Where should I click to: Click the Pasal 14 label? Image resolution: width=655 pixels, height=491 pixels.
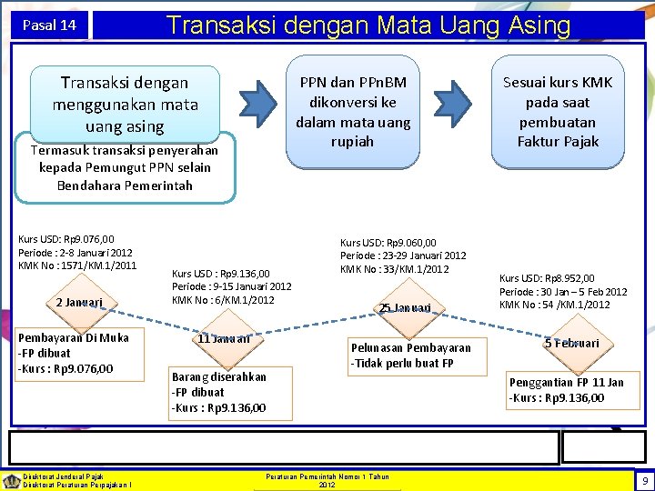click(x=50, y=25)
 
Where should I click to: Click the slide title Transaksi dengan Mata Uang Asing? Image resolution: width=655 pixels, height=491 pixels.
click(x=368, y=24)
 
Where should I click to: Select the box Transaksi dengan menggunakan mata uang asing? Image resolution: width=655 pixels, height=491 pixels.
click(x=125, y=105)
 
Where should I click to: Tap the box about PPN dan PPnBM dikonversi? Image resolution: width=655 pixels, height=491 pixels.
click(x=349, y=112)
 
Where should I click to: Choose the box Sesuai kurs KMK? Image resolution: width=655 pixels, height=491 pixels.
click(x=559, y=112)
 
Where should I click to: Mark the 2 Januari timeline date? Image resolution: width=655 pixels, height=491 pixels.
click(x=78, y=302)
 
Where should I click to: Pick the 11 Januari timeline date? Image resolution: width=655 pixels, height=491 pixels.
click(x=223, y=339)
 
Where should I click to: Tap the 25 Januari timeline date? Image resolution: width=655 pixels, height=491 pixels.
click(x=406, y=308)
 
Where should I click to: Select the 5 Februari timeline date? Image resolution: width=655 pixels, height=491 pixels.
click(x=571, y=343)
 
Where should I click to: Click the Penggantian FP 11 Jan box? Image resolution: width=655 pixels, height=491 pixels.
click(x=566, y=389)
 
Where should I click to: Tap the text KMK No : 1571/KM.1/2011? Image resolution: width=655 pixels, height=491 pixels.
click(x=77, y=265)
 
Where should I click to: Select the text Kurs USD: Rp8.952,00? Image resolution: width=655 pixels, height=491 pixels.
click(x=547, y=278)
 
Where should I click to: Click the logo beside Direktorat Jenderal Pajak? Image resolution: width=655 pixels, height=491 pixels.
click(x=11, y=480)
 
